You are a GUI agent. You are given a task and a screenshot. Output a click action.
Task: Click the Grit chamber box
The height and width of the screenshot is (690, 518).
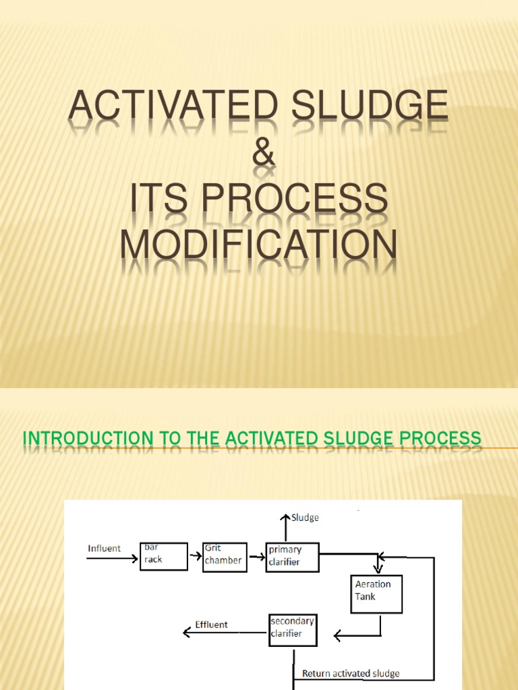click(x=225, y=556)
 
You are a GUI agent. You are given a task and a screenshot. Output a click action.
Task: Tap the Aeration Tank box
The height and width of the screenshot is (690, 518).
click(x=376, y=594)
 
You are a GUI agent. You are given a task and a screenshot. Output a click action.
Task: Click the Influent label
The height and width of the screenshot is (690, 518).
click(x=105, y=548)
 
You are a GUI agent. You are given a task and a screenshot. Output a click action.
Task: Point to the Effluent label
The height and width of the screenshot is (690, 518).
click(x=212, y=625)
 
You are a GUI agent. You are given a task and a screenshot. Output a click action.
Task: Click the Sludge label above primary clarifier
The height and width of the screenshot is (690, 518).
click(x=305, y=518)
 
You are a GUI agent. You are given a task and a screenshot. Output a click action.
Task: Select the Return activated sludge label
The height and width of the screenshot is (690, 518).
click(x=351, y=673)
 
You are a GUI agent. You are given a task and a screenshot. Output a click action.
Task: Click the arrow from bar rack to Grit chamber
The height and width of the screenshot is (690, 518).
click(x=194, y=557)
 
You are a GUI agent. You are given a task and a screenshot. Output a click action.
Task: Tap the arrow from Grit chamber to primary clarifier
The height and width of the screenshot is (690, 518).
click(x=256, y=557)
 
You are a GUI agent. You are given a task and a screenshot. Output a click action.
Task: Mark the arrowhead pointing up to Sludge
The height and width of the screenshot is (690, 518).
click(x=286, y=517)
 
